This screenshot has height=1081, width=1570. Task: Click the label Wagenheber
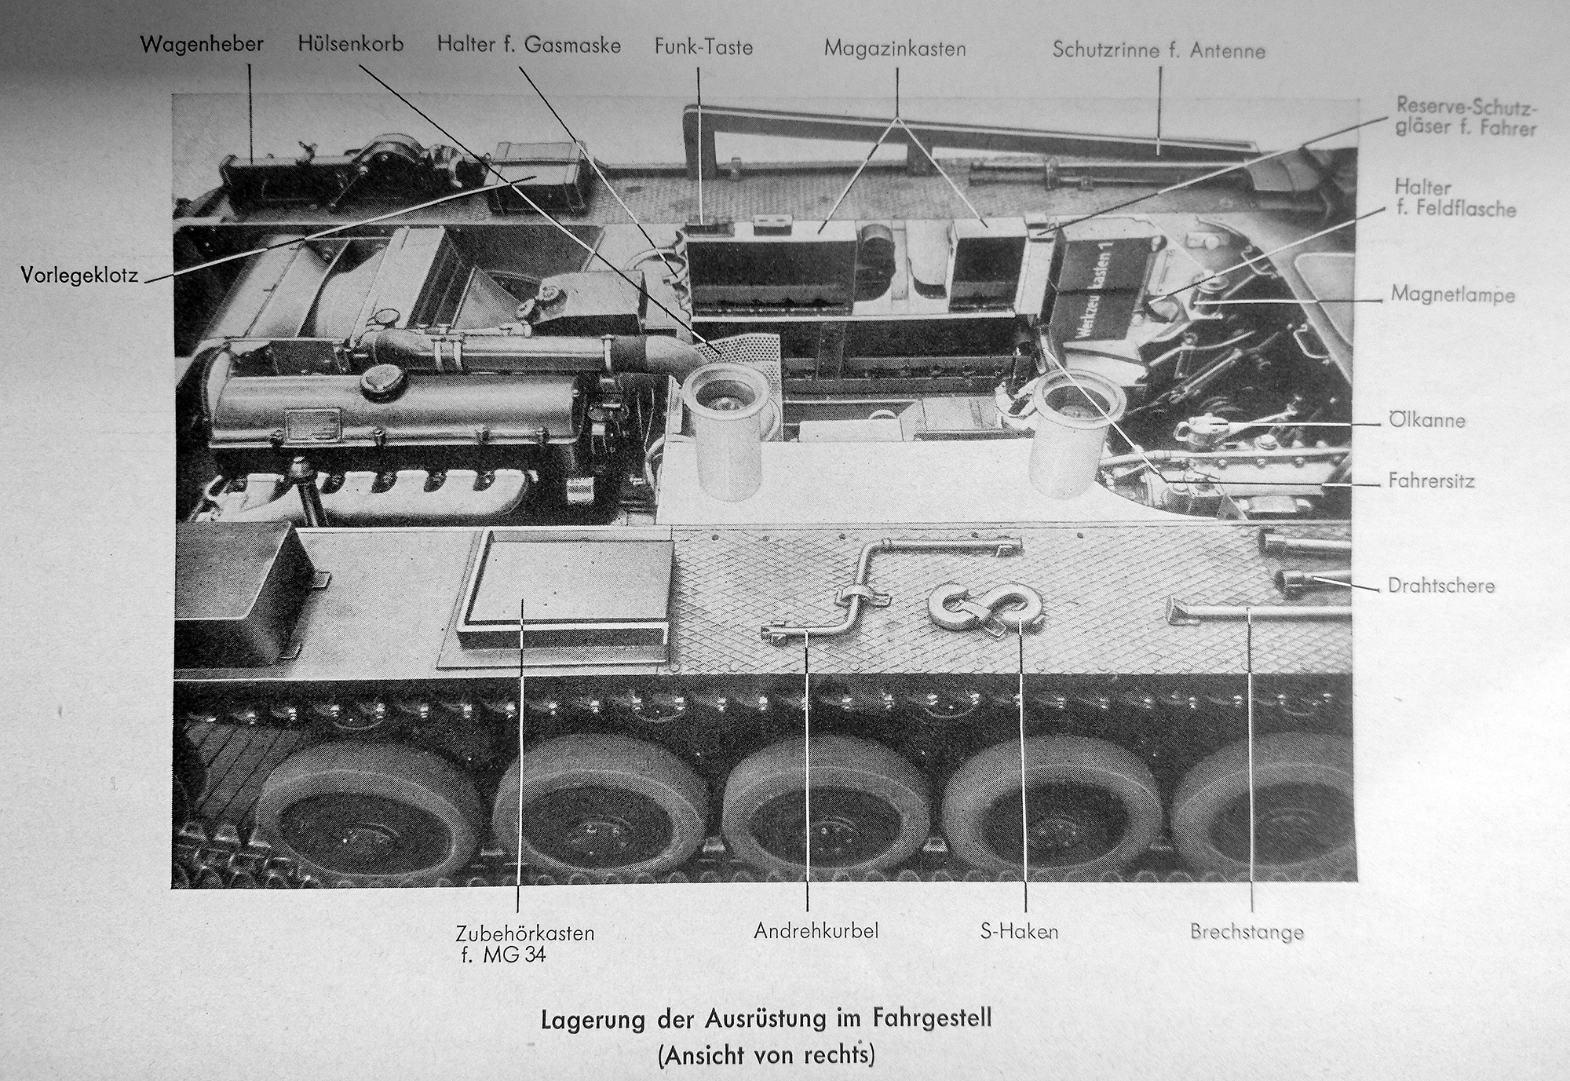coord(202,43)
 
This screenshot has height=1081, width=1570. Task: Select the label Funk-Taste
coord(703,47)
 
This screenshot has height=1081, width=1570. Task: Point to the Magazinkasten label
coord(895,49)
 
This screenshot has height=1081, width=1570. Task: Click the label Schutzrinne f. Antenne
coord(1159,50)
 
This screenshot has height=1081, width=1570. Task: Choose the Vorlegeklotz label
coord(80,276)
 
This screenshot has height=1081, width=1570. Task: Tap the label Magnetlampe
coord(1453,294)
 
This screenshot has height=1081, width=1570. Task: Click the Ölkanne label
coord(1427,420)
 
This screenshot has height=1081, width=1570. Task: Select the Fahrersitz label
coord(1431,480)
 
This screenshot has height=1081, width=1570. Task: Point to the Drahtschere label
coord(1441,586)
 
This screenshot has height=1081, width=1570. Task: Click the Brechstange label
coord(1247,933)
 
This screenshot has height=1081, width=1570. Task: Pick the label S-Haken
coord(1019,932)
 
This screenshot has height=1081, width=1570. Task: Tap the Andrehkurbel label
coord(816,931)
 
